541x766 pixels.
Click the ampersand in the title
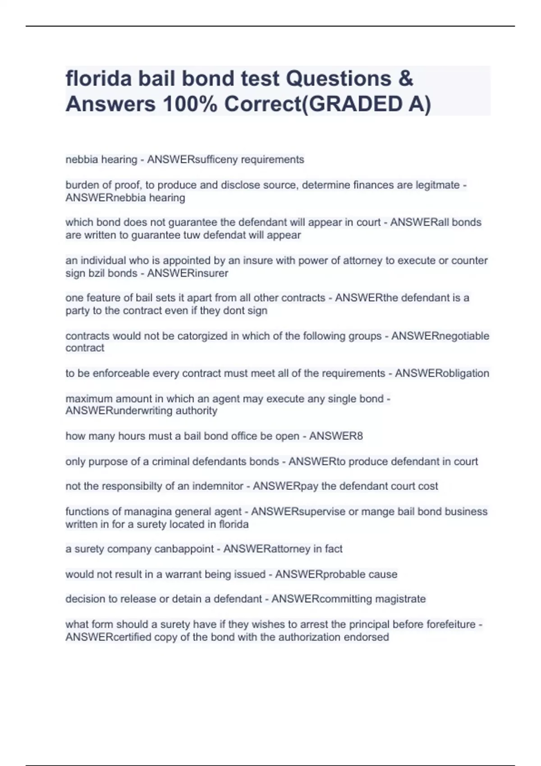click(x=406, y=78)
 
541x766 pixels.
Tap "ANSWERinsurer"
click(x=188, y=273)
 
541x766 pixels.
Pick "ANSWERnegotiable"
click(x=440, y=336)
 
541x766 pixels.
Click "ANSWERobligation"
click(x=442, y=373)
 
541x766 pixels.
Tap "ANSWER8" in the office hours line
click(x=336, y=436)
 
